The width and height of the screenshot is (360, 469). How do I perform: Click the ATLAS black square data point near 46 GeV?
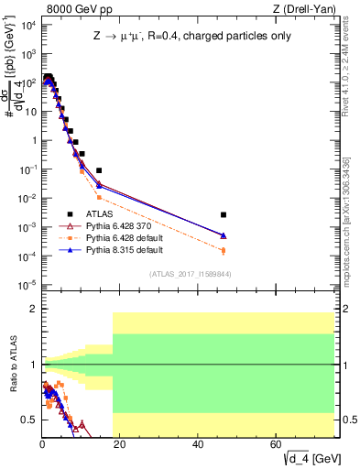[x=224, y=214]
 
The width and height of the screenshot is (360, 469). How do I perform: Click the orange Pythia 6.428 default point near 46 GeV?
[x=224, y=250]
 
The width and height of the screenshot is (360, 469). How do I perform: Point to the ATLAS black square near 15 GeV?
[x=99, y=170]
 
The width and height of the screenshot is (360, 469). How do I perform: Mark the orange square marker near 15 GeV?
[x=99, y=197]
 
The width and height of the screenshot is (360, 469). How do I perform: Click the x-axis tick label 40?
[x=199, y=444]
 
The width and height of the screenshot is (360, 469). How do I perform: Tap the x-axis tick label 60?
[x=277, y=444]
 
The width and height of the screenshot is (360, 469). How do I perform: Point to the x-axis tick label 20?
[x=120, y=444]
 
